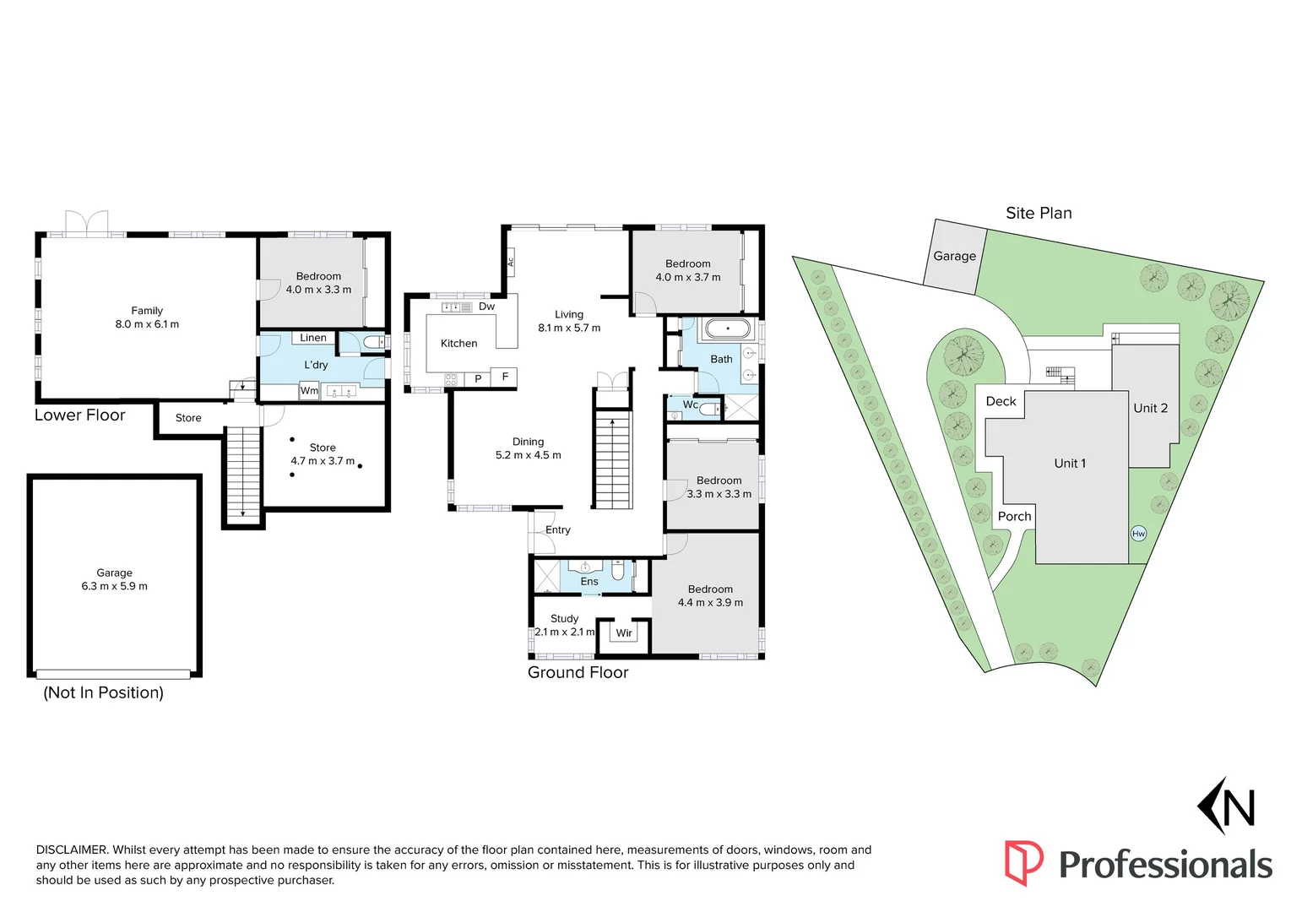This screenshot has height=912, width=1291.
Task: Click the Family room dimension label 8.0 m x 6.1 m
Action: point(147,324)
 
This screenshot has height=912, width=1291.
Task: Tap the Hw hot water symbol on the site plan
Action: point(1138,534)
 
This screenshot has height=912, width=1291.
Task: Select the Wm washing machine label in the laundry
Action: point(309,391)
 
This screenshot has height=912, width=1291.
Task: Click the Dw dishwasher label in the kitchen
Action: point(486,307)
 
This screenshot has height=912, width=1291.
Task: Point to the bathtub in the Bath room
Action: point(727,328)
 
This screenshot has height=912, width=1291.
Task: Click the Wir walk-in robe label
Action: point(624,633)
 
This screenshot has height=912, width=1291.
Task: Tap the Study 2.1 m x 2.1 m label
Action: point(565,626)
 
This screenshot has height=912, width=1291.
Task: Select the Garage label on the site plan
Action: point(954,256)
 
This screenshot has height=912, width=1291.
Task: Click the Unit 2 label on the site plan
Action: point(1150,408)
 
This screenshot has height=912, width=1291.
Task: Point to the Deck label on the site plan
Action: point(1001,401)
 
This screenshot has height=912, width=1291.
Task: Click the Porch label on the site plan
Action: point(1014,517)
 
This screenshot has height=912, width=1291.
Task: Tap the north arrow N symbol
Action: point(1227,806)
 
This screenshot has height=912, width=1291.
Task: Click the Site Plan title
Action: point(1039,214)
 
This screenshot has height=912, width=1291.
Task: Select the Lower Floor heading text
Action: point(79,415)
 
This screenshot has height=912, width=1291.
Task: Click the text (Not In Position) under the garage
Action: point(103,692)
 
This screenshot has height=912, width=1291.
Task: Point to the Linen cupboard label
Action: point(312,338)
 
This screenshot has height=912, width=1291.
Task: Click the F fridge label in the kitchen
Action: point(505,377)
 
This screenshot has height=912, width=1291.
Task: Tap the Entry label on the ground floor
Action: point(557,530)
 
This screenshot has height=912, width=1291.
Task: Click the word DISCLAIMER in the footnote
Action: point(72,850)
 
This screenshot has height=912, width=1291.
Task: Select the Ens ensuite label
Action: point(589,582)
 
